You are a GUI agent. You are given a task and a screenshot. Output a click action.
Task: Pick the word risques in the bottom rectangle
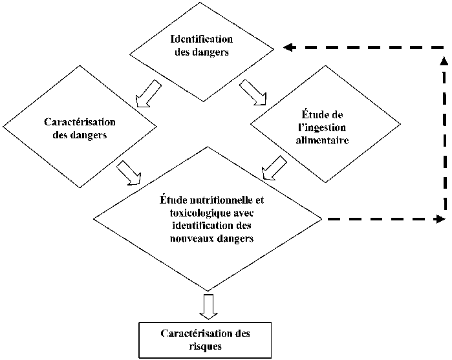point(204,345)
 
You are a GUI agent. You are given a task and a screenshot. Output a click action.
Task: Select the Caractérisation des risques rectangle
point(204,339)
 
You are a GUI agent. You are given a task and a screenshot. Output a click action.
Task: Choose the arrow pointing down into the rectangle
point(206,306)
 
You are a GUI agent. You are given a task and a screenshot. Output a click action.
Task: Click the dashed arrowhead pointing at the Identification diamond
point(289,47)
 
